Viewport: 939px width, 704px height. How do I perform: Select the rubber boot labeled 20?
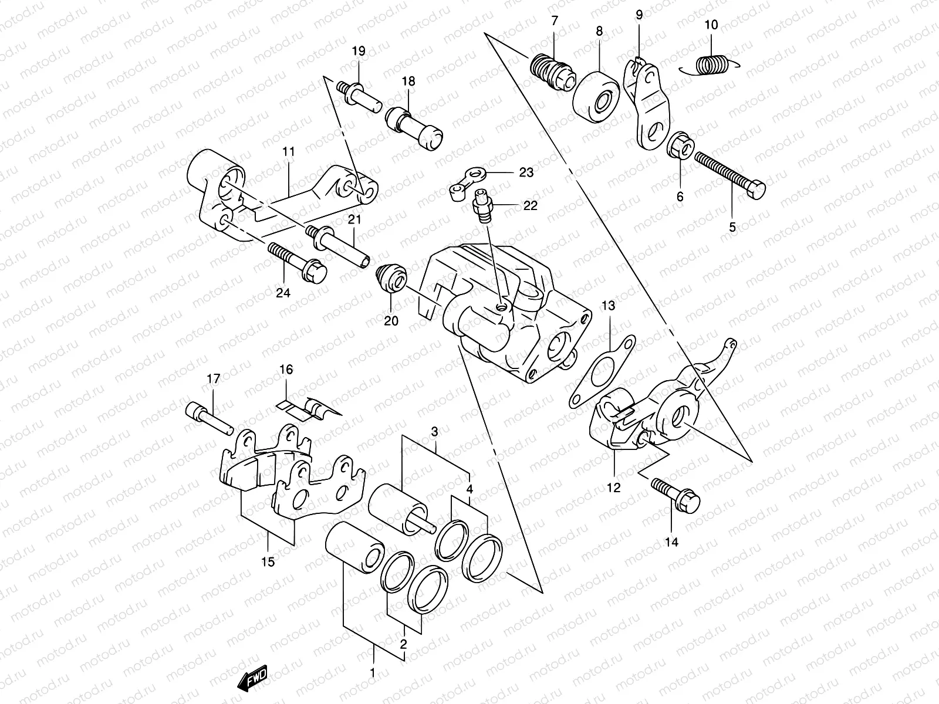point(389,277)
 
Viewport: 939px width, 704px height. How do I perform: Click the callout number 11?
point(288,151)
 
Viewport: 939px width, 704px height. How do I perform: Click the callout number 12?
point(614,487)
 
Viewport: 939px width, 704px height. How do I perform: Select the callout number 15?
point(268,562)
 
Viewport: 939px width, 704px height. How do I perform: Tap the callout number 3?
point(434,432)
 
